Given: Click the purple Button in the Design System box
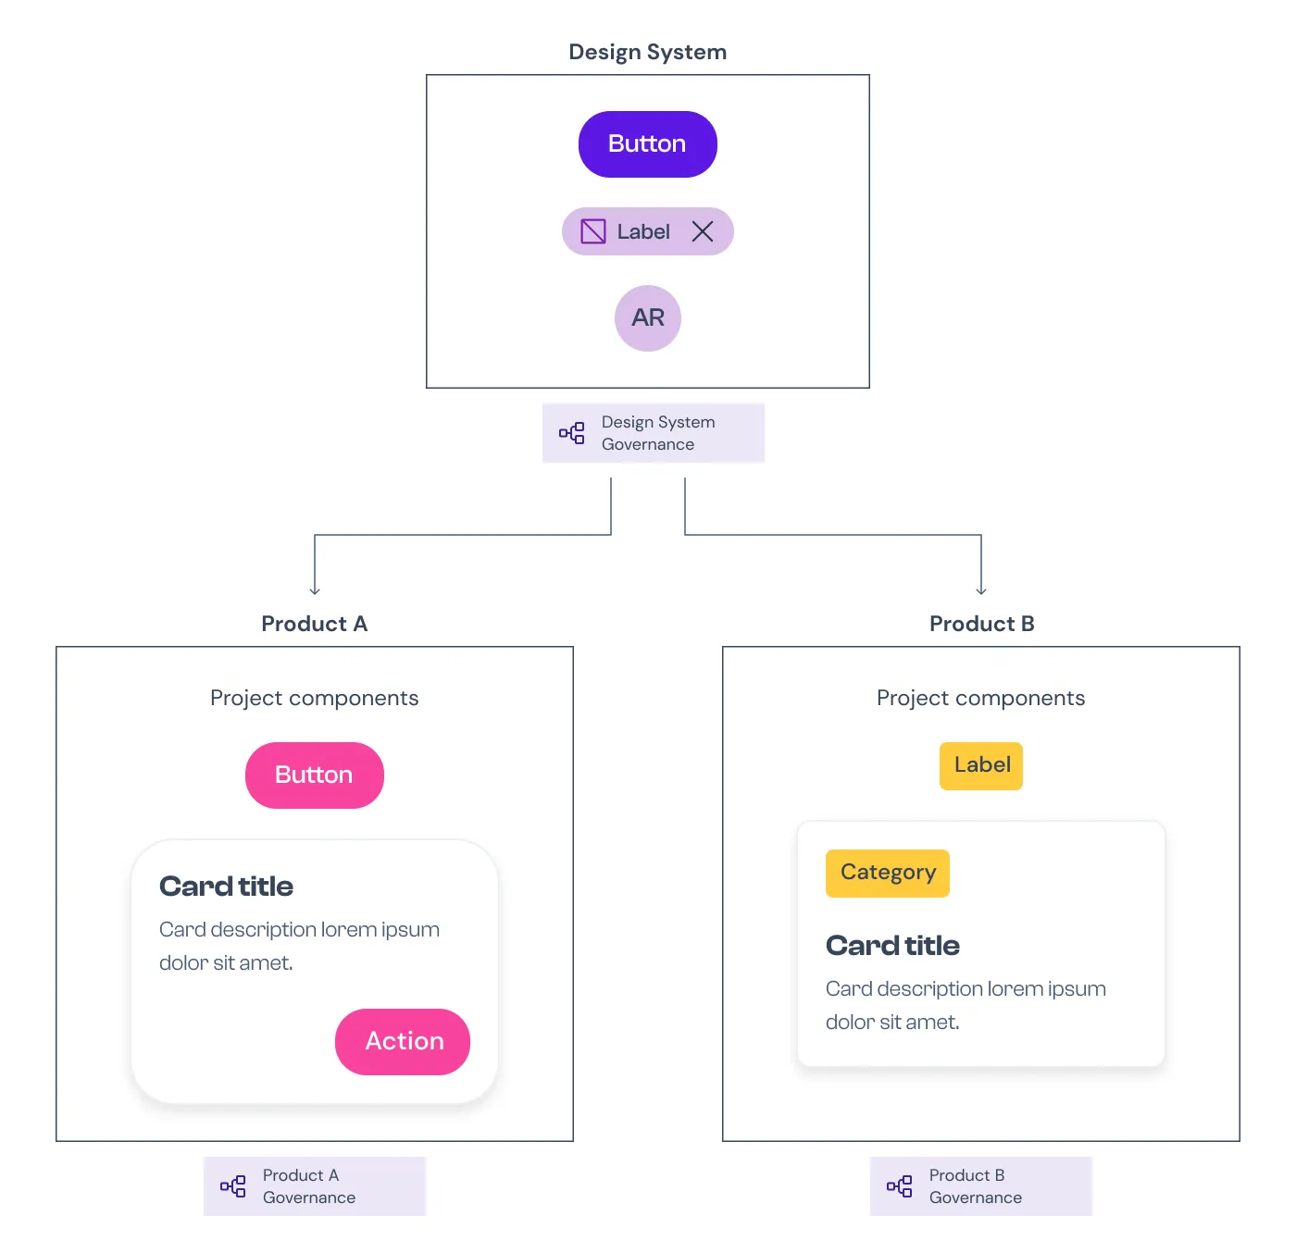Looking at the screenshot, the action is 647,143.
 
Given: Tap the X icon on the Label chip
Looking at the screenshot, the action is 702,231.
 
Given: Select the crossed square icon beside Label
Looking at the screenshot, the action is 592,231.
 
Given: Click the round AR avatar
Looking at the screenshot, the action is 647,318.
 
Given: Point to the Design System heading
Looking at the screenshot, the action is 647,52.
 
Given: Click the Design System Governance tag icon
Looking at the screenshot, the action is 571,433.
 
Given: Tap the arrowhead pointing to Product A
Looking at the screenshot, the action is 315,590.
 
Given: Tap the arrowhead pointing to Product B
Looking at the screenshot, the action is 981,590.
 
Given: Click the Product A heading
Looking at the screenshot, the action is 315,624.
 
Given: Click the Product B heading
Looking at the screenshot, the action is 981,624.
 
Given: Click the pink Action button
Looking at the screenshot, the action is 403,1041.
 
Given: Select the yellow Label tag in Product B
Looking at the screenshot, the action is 981,765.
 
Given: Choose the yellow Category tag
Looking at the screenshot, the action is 887,873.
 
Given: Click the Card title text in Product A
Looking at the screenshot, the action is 226,887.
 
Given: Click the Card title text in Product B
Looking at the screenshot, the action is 892,946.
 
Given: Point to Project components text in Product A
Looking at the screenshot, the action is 315,698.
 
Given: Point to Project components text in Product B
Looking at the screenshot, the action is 981,698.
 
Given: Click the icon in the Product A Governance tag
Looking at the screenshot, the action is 232,1185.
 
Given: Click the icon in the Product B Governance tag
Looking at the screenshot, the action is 899,1185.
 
